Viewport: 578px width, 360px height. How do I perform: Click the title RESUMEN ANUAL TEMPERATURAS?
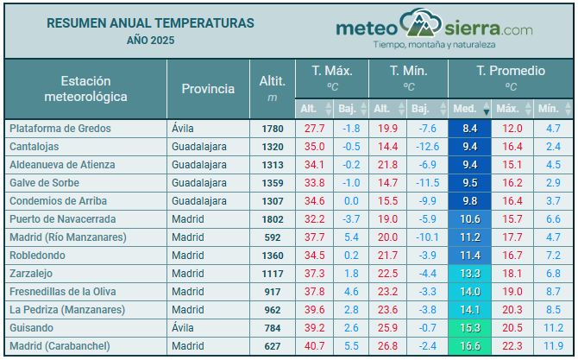tap(150, 22)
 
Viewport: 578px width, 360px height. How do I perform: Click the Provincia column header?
tap(208, 88)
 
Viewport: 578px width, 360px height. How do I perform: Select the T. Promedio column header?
tap(511, 70)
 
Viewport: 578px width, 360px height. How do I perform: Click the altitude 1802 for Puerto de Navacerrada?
tap(273, 219)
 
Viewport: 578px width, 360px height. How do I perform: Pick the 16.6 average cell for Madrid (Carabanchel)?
tap(469, 346)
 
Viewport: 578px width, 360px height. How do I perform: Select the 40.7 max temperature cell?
tap(315, 346)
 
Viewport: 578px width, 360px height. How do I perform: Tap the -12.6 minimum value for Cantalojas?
tap(426, 147)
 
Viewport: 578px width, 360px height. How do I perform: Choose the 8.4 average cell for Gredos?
tap(469, 129)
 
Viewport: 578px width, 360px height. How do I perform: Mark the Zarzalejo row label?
tap(32, 274)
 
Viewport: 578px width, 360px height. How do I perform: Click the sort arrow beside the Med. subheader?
tap(486, 111)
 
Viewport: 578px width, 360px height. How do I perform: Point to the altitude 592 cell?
tap(273, 237)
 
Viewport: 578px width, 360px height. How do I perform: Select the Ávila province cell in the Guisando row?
tap(185, 328)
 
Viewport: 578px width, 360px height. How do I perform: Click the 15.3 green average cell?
tap(469, 328)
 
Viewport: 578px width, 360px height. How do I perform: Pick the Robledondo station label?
tap(36, 256)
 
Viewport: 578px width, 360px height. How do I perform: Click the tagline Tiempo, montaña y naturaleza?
tap(433, 43)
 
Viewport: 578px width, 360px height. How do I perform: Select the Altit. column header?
tap(273, 80)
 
